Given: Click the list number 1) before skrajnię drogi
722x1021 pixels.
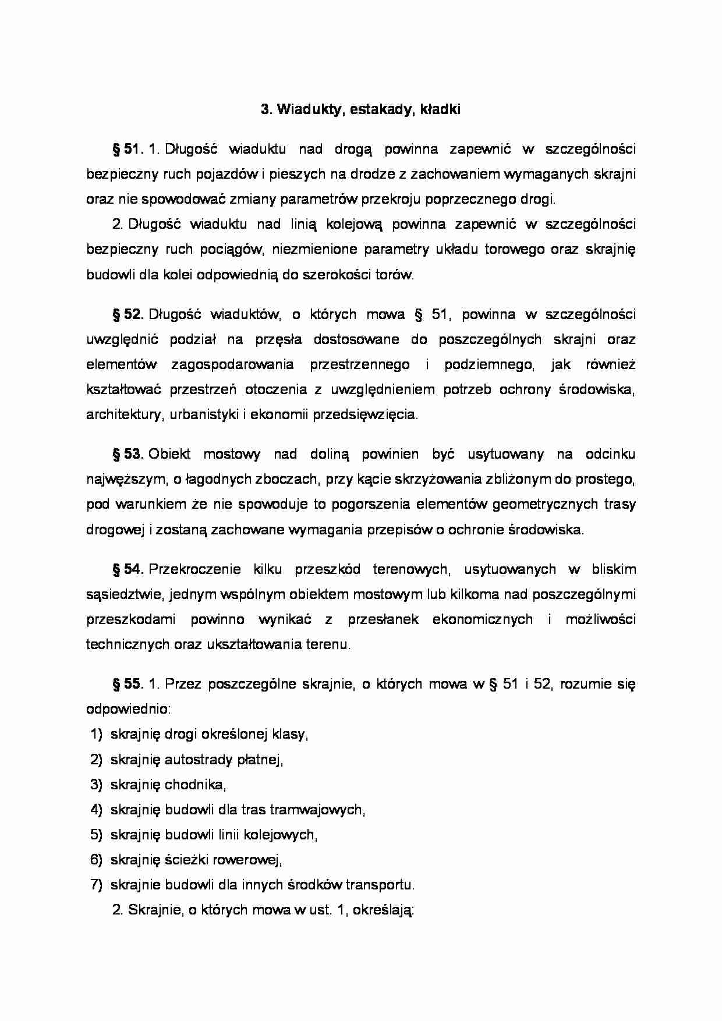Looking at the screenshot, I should coord(97,734).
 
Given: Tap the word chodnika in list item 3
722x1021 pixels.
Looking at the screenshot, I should coord(195,784).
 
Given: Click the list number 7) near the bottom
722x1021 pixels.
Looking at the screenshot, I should coord(97,885).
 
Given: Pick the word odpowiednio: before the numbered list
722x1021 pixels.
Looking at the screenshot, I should coord(128,709).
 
